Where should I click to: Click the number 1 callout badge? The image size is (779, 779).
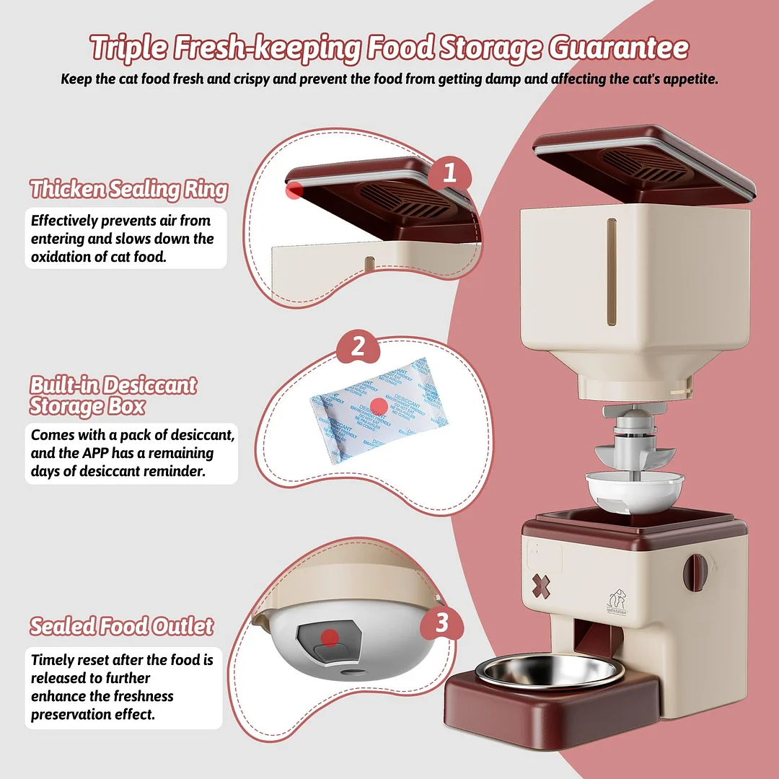coord(449,173)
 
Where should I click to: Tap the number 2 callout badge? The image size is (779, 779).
coord(358,348)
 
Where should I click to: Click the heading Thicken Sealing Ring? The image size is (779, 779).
coord(128,190)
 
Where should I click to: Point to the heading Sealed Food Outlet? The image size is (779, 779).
coord(121,626)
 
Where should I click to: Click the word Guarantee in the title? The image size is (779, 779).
coord(618,48)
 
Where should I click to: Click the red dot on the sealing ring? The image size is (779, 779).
coord(294,190)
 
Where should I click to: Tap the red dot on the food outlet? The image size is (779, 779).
coord(330,638)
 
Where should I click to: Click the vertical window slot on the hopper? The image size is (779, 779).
coord(612,272)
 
